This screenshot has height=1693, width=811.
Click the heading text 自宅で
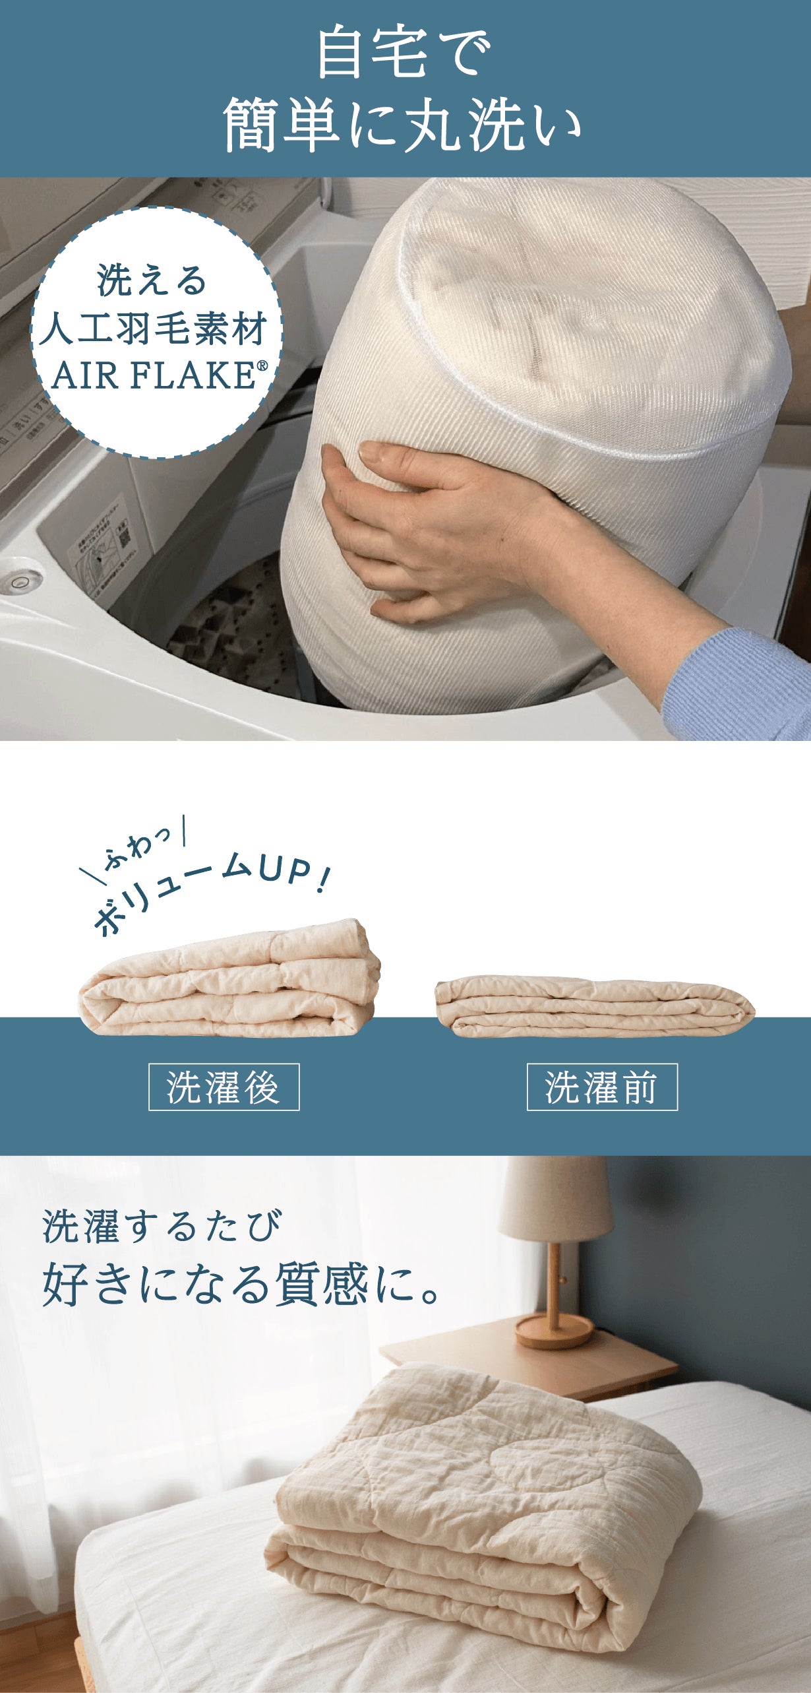[404, 52]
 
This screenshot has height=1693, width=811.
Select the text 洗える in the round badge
[152, 280]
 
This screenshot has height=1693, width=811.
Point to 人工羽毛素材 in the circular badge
[154, 328]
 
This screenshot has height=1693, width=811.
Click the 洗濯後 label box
[224, 1087]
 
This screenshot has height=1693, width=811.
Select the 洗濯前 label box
[602, 1087]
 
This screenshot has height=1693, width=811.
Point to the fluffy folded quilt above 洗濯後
[229, 978]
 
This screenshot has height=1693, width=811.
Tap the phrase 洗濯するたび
[162, 1226]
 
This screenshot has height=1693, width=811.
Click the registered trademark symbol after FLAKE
[262, 366]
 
